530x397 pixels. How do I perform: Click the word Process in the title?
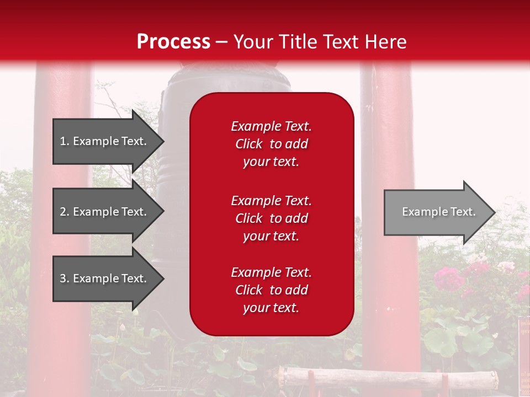click(173, 42)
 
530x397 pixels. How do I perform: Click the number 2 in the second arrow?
click(63, 212)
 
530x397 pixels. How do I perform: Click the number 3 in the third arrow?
click(63, 278)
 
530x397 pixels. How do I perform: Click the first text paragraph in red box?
click(271, 144)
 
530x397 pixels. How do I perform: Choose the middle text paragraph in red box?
click(271, 218)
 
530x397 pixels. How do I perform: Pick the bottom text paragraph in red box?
click(271, 290)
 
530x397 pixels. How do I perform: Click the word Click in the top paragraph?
click(248, 144)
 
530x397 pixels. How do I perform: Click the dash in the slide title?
click(221, 42)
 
